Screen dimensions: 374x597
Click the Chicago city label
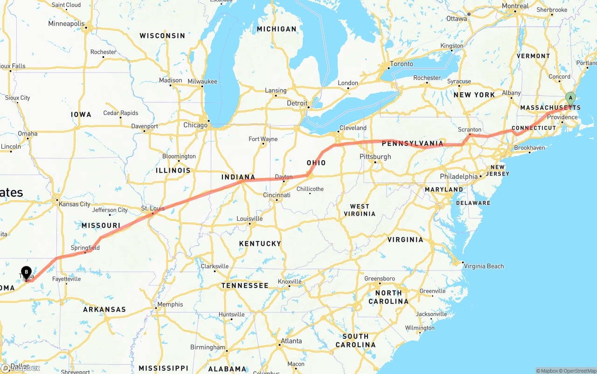[195, 125]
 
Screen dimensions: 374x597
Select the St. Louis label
[153, 208]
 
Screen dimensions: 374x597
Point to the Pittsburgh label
[375, 156]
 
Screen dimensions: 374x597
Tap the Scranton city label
[470, 129]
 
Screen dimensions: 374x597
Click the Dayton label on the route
[284, 177]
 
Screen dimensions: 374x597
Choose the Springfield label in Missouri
[85, 248]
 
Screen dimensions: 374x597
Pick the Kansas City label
[74, 204]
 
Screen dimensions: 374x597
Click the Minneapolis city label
[67, 23]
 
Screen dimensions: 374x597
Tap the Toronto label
[402, 64]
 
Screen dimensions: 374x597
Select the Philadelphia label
[459, 177]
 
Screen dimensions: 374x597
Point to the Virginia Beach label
[484, 266]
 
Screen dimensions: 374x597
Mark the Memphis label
[170, 304]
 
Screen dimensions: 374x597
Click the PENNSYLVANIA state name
[412, 143]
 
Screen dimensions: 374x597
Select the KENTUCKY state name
[260, 244]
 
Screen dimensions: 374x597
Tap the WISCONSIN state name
[162, 36]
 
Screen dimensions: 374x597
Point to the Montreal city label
[515, 6]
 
